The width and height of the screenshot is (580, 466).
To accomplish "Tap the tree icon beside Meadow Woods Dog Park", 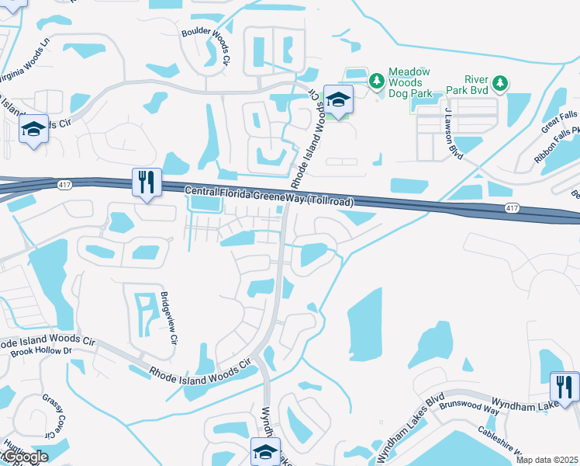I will (377, 80).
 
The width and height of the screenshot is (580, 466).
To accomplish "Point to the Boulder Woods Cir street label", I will (205, 47).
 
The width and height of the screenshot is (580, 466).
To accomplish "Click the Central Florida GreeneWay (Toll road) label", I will (268, 197).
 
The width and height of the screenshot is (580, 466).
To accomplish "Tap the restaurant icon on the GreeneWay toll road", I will (147, 183).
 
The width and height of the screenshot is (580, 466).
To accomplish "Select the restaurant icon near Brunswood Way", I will (564, 387).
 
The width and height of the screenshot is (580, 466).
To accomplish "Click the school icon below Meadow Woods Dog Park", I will (338, 99).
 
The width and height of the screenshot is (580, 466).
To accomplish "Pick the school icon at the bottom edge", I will (265, 452).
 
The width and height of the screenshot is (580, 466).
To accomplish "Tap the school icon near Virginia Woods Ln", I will (33, 130).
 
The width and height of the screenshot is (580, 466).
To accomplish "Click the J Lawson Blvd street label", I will (454, 134).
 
